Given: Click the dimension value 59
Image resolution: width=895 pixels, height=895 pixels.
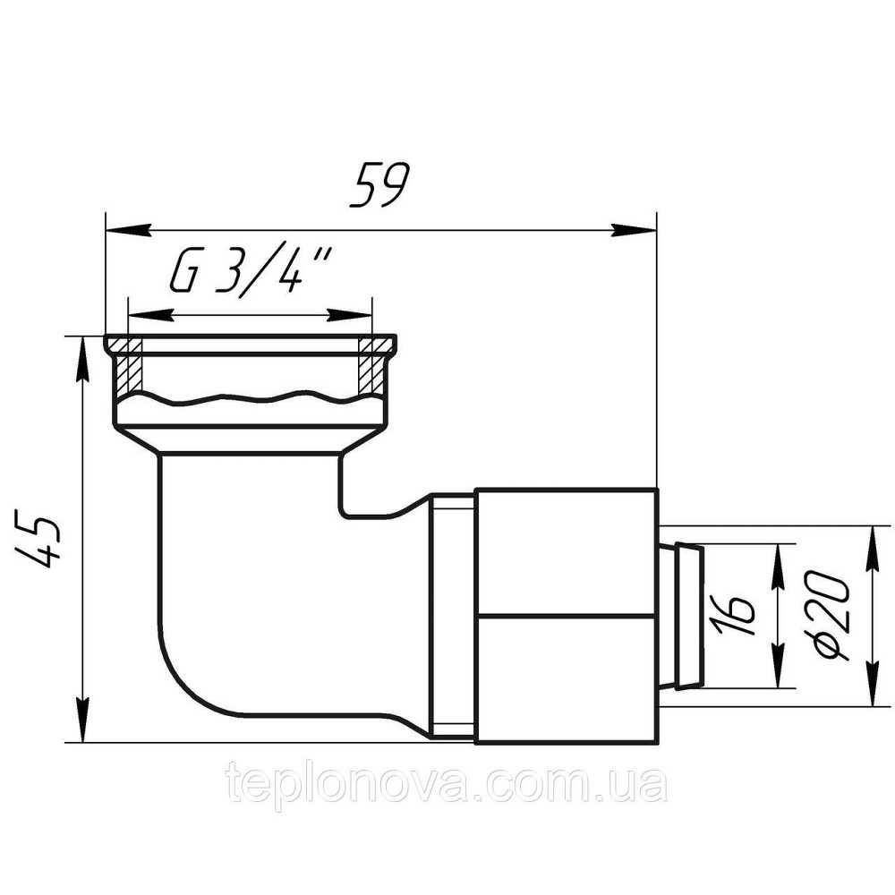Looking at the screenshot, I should point(379,186).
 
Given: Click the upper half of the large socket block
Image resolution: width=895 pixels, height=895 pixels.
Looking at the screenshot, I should point(566,550).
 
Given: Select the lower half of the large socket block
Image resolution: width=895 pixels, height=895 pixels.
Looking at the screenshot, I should point(566,678).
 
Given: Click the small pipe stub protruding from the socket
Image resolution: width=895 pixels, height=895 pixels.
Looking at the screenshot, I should point(682,616).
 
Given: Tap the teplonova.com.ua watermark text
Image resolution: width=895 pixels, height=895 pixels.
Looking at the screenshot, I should point(447,784).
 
